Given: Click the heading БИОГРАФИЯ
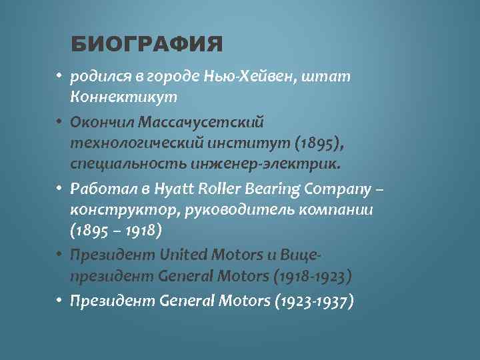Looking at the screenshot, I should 146,45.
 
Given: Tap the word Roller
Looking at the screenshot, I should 217,189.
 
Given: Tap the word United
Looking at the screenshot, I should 183,255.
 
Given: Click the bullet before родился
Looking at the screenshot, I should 59,77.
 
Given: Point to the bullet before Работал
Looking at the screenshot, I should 59,189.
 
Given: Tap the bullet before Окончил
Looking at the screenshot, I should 59,123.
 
